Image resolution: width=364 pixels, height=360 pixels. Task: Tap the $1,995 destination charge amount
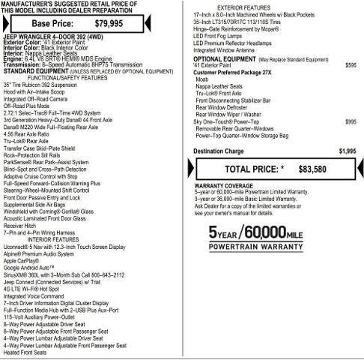(x=347, y=151)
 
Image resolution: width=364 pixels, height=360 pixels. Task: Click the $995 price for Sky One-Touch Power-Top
(x=351, y=121)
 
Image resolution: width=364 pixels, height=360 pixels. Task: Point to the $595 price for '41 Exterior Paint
(x=351, y=65)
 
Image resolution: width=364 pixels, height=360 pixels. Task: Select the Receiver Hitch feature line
(x=19, y=225)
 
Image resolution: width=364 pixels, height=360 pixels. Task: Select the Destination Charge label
(x=219, y=151)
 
